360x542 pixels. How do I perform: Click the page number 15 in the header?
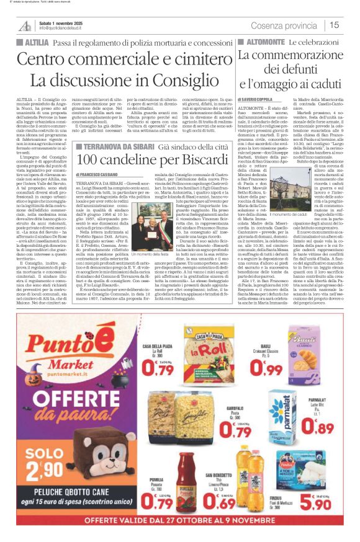tap(335, 25)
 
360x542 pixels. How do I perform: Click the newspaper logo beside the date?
tap(24, 25)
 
